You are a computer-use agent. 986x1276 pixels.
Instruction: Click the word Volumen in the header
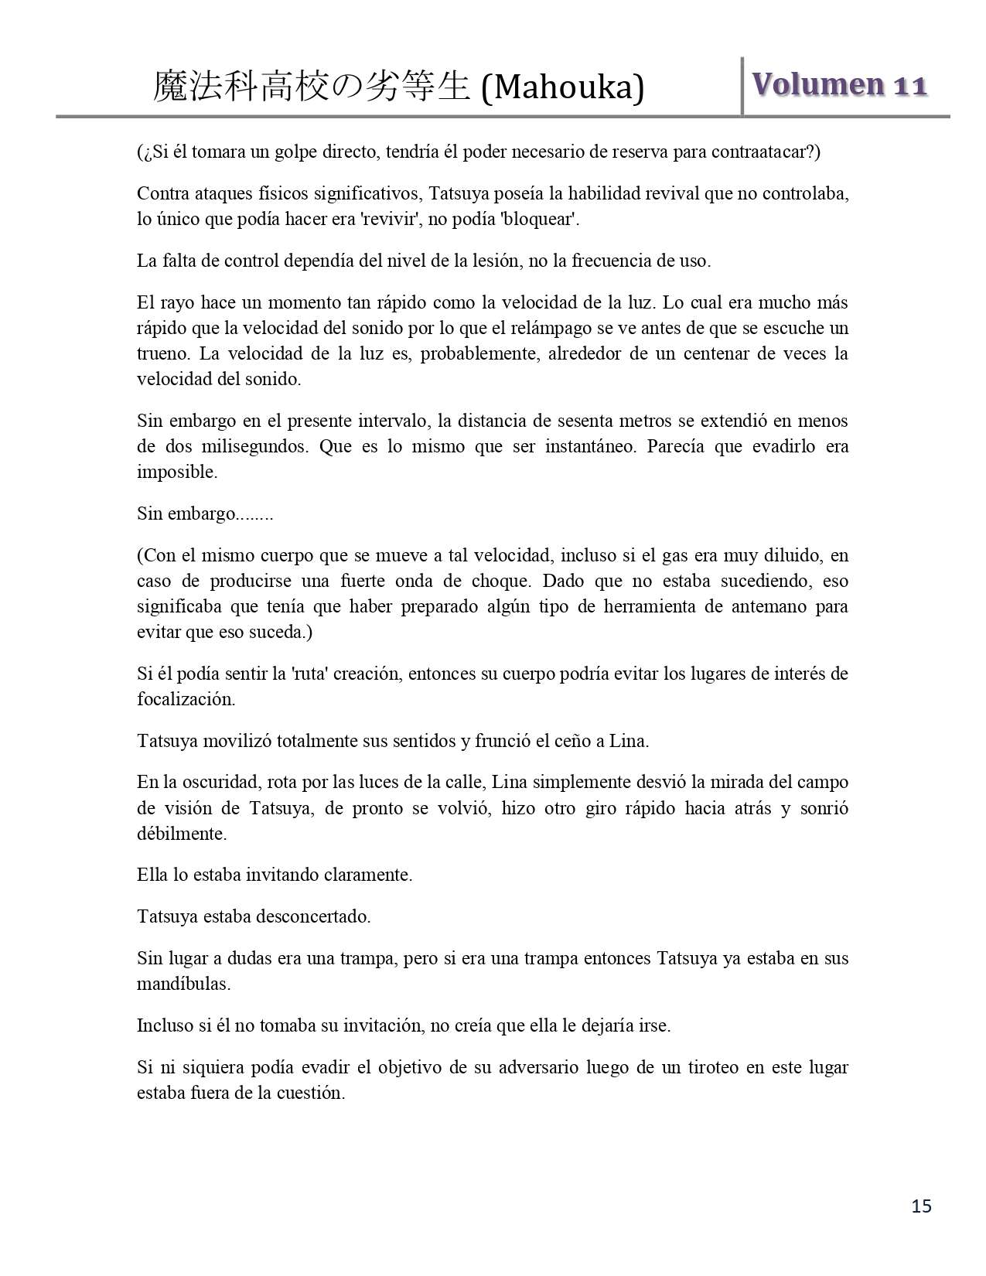(x=818, y=84)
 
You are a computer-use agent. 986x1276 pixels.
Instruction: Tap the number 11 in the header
(x=910, y=86)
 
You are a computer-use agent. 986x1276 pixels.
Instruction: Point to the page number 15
(x=921, y=1206)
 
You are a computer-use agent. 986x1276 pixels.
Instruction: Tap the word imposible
(x=177, y=472)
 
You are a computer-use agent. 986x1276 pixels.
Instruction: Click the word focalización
(x=186, y=699)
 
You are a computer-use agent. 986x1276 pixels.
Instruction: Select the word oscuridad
(x=207, y=782)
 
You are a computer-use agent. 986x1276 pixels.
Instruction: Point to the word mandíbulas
(x=183, y=984)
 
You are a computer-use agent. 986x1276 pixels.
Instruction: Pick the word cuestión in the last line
(x=310, y=1093)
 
